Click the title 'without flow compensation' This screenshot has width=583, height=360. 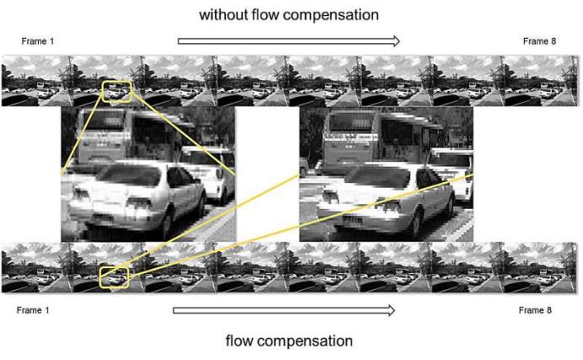tap(288, 14)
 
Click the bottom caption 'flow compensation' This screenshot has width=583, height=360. tap(289, 341)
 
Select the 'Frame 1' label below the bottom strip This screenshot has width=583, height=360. tap(34, 310)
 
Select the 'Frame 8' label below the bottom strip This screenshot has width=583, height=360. tap(536, 310)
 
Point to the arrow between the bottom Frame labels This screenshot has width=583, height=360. tap(284, 310)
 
